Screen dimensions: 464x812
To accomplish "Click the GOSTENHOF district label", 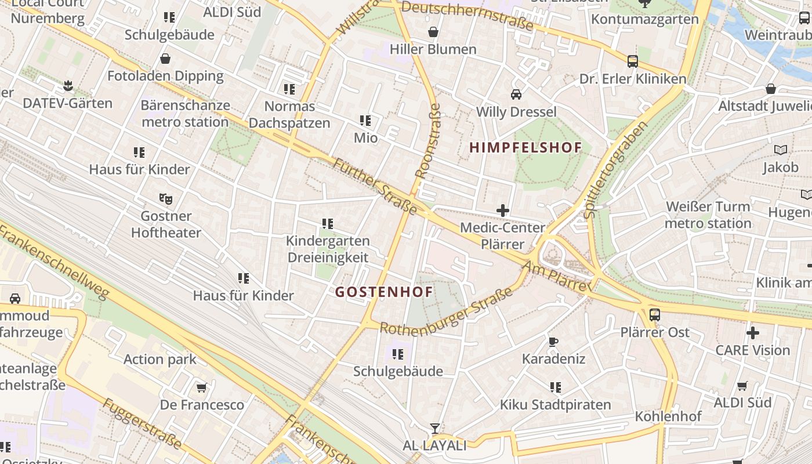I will click(384, 292).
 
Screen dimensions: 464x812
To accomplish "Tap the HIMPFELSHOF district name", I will click(525, 147).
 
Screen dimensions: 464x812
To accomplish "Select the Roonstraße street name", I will click(428, 141).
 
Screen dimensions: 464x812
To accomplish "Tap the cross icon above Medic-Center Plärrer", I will click(503, 211).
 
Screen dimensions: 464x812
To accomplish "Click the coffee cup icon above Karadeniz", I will click(553, 342).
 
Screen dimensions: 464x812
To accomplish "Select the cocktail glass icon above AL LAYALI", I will click(434, 429).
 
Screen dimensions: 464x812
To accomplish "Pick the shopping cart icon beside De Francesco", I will click(201, 387).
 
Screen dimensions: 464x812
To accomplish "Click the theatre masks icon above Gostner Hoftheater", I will click(166, 199).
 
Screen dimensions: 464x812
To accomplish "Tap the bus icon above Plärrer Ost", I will click(654, 315).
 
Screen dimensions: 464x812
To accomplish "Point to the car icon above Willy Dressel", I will click(516, 94).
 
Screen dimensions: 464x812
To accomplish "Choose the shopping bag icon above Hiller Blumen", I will click(433, 32).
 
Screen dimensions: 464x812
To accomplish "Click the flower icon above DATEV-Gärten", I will click(68, 86).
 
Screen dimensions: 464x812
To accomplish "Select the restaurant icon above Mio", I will click(365, 121).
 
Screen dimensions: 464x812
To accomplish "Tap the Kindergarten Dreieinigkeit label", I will click(328, 249).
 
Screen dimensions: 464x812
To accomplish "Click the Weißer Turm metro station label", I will click(708, 215).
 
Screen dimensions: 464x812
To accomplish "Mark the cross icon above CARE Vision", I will click(752, 333).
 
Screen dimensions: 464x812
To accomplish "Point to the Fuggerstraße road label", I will click(142, 423).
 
